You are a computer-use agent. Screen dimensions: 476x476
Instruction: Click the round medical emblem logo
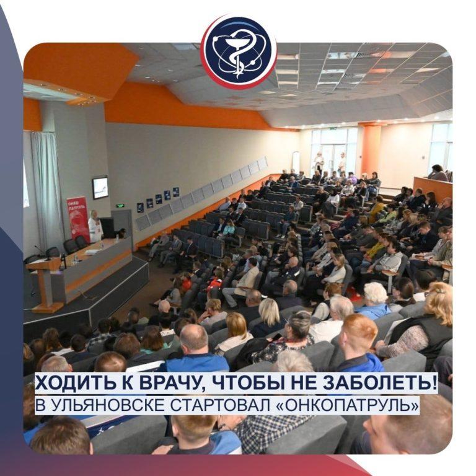(x=239, y=51)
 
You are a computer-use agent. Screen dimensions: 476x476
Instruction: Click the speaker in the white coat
(x=95, y=226)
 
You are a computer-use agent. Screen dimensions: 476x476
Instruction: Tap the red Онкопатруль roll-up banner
(x=78, y=217)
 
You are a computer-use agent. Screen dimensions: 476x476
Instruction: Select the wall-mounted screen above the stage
(x=100, y=187)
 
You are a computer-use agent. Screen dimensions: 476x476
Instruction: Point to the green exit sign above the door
(x=120, y=205)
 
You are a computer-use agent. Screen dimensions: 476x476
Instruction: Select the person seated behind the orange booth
(x=438, y=173)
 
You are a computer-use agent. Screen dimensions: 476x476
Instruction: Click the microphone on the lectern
(x=41, y=251)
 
